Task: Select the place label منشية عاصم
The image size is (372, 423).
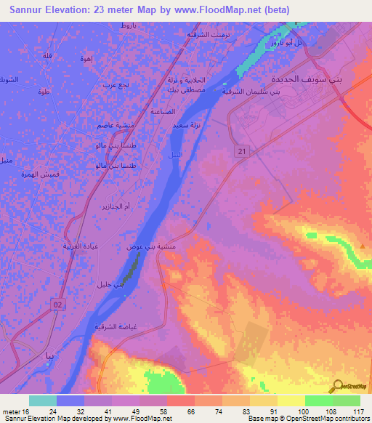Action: click(115, 126)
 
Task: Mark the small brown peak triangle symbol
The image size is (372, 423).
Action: click(362, 246)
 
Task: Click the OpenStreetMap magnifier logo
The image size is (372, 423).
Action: click(338, 386)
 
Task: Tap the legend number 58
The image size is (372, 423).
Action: click(164, 411)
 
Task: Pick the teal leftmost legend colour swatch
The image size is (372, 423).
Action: click(42, 400)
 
